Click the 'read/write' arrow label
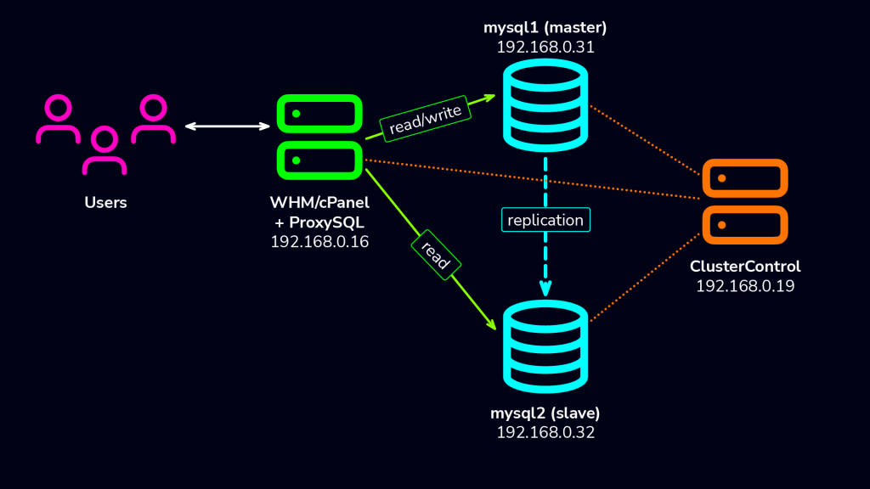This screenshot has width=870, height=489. click(425, 118)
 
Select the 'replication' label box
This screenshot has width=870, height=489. click(545, 220)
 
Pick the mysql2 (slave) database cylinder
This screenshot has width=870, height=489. click(545, 348)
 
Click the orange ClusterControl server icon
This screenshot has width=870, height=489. click(745, 201)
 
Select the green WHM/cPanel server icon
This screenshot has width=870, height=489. click(319, 138)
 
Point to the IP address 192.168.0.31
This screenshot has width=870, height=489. click(545, 48)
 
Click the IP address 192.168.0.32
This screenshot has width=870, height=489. click(545, 432)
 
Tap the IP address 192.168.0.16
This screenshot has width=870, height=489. click(319, 241)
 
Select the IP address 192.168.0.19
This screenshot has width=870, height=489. click(745, 286)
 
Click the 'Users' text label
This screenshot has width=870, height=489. click(105, 202)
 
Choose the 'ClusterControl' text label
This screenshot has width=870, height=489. click(745, 267)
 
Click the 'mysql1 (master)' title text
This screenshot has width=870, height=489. click(545, 27)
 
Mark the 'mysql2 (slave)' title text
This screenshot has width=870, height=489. click(545, 413)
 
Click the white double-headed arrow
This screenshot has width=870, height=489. click(228, 126)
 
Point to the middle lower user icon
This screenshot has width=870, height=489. click(105, 151)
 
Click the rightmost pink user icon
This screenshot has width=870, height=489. click(153, 120)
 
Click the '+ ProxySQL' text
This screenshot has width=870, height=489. click(319, 222)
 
